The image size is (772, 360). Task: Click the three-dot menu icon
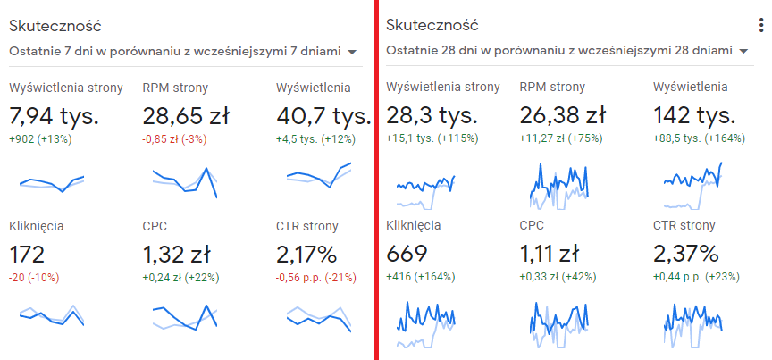[760, 26]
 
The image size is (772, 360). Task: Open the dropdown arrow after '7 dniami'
[353, 52]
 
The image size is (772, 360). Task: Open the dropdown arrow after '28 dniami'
[743, 52]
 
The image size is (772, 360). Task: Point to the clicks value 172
[27, 254]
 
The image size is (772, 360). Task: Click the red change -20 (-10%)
[34, 278]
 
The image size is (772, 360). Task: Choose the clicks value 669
[406, 254]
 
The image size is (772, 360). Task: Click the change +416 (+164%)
[420, 278]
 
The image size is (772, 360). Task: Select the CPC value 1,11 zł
[550, 254]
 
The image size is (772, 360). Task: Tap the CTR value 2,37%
[686, 254]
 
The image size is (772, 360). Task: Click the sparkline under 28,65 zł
[185, 180]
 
